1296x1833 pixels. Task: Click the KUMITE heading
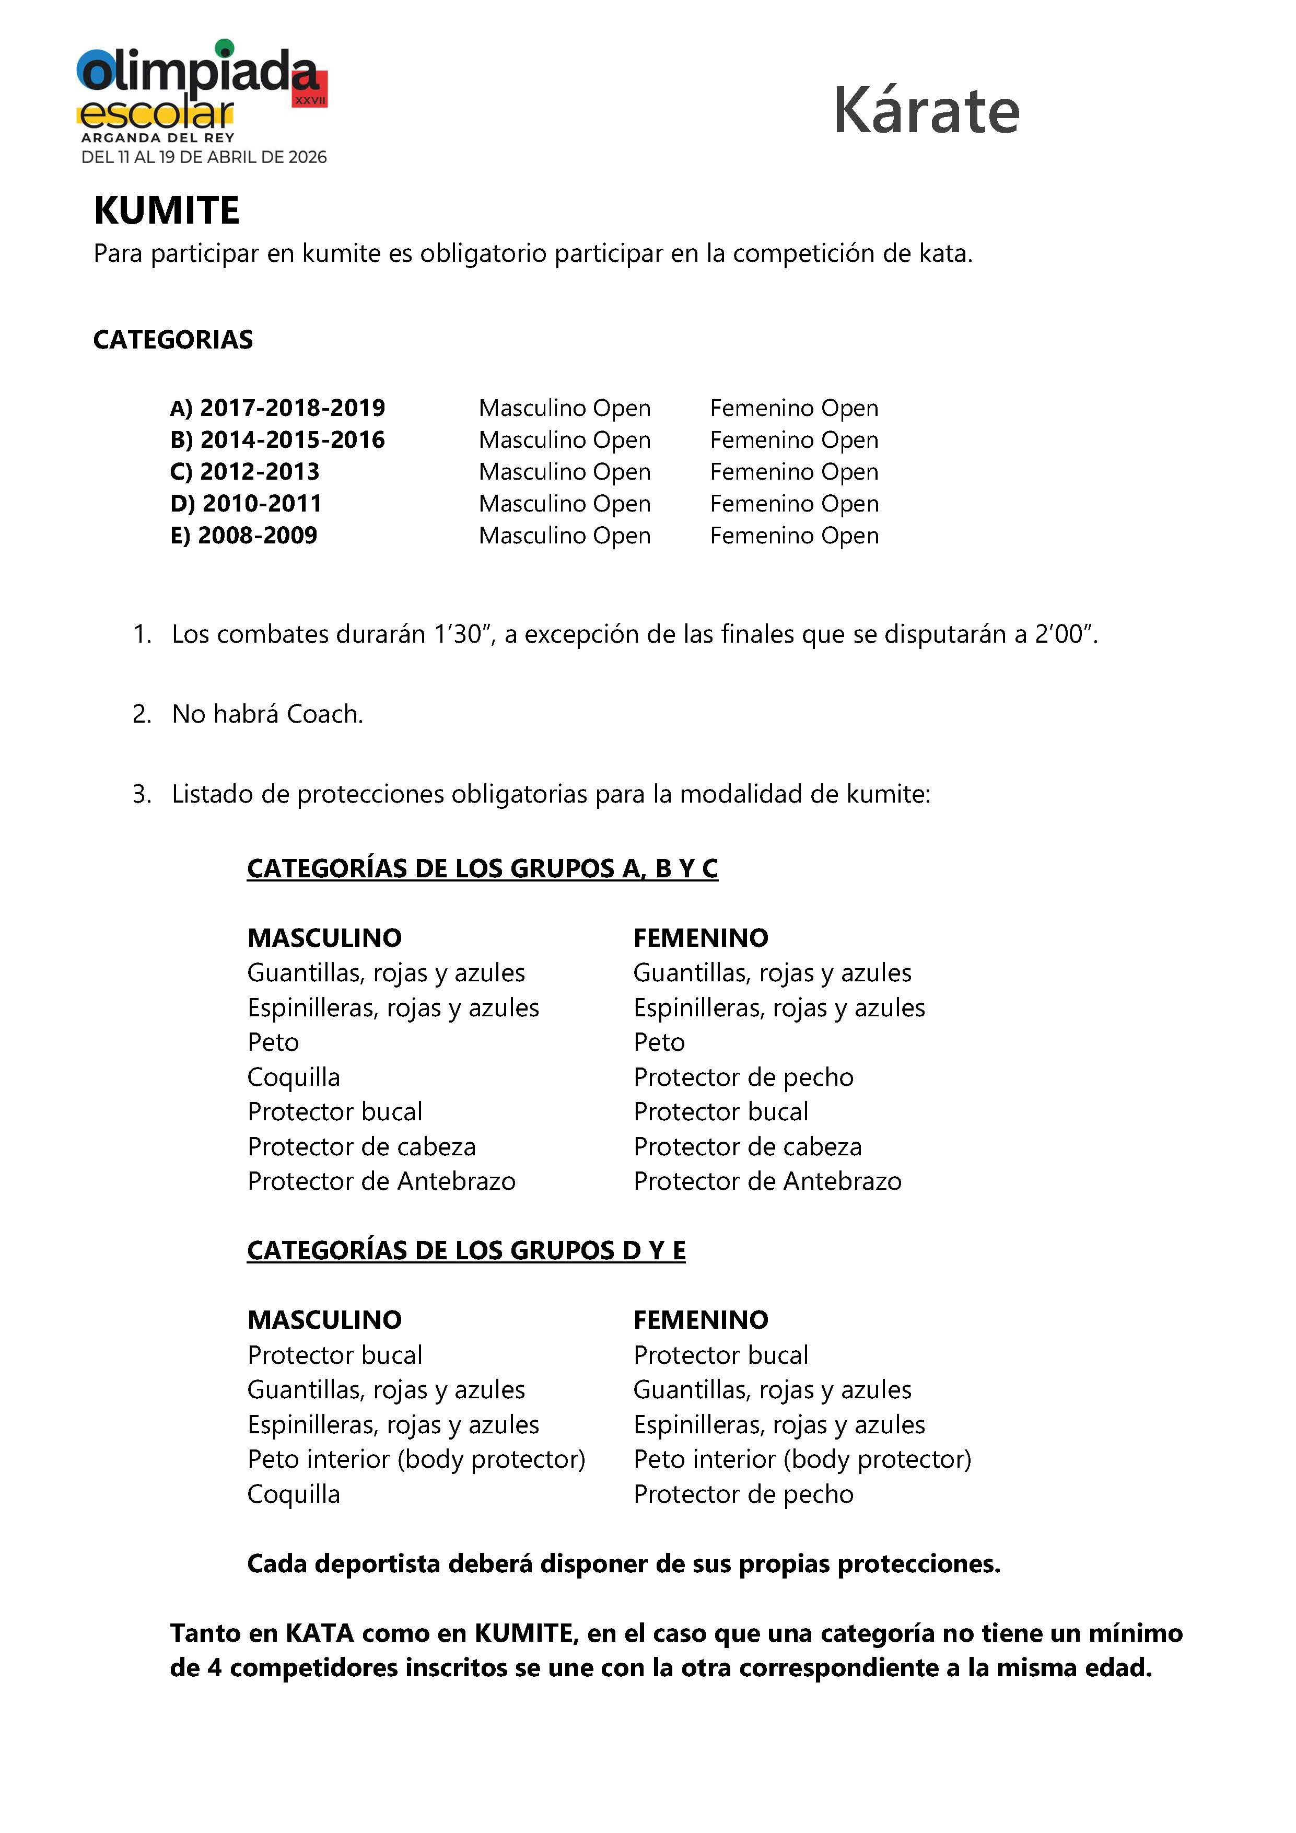coord(166,211)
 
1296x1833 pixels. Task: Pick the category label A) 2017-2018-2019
coord(277,408)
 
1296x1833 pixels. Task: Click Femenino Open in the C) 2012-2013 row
coord(794,472)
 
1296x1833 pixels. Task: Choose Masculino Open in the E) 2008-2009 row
coord(564,536)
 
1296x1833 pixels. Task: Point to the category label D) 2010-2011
coord(246,504)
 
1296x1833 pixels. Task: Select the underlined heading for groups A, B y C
coord(482,868)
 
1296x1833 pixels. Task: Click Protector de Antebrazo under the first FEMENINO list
coord(767,1181)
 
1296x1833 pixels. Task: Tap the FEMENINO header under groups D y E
coord(700,1320)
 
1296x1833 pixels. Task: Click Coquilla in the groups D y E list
coord(294,1494)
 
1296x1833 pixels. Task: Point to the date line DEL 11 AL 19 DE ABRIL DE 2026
coord(204,157)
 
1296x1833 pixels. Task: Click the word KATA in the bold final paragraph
coord(319,1633)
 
